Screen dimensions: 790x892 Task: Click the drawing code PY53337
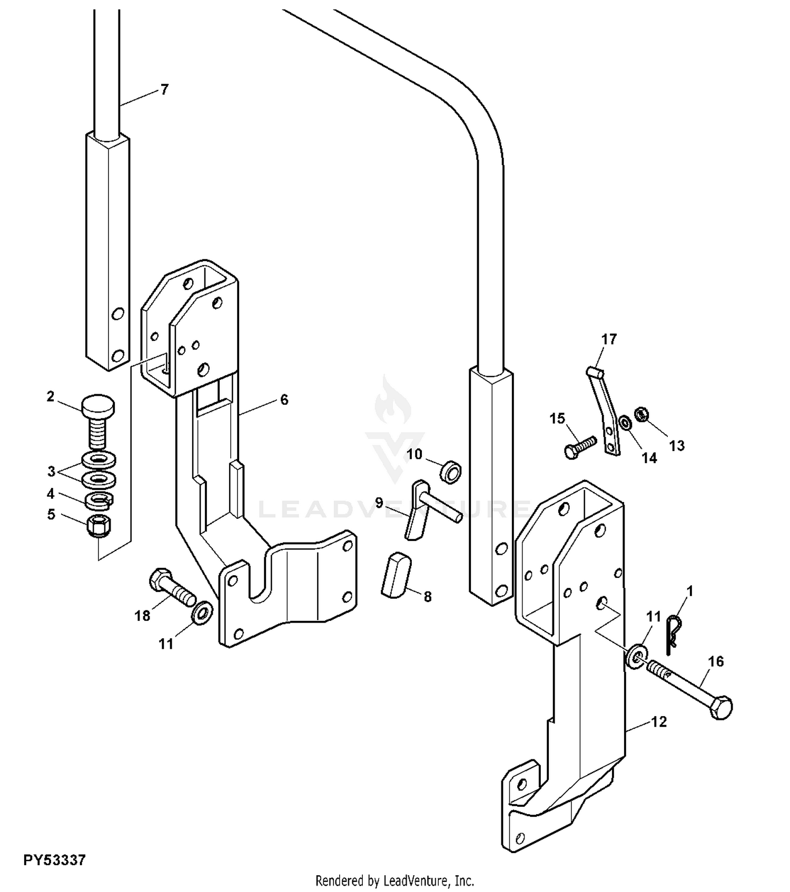coord(54,860)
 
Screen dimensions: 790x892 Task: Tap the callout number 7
coord(164,89)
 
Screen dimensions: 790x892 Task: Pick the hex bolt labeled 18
coord(171,587)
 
